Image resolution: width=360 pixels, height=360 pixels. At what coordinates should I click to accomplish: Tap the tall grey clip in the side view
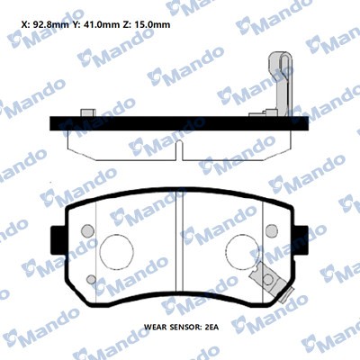(x=279, y=81)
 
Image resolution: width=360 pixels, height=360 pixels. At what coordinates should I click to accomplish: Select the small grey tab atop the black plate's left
(x=88, y=112)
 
